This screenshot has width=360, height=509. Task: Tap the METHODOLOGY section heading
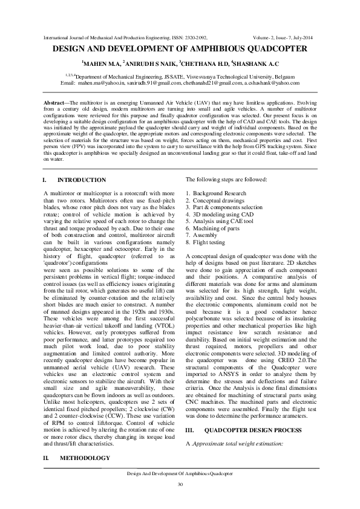coord(85,458)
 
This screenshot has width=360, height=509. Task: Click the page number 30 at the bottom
coord(180,485)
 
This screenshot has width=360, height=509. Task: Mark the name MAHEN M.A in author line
coord(102,63)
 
